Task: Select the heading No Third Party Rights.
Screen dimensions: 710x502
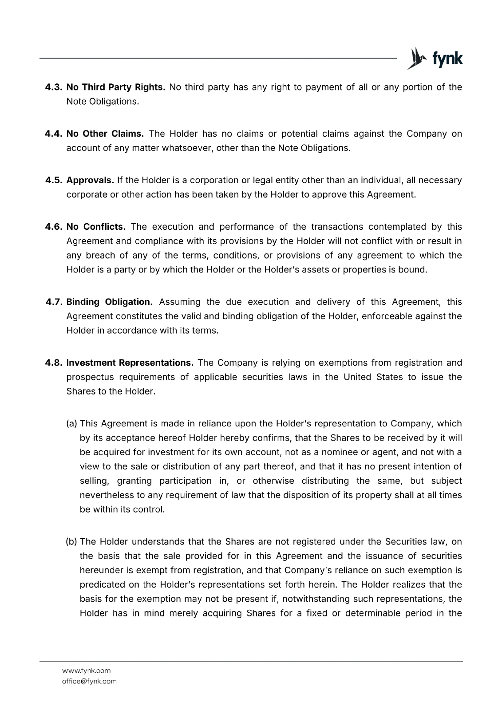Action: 115,87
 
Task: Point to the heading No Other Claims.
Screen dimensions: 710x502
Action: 105,134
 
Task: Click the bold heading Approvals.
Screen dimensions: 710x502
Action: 90,180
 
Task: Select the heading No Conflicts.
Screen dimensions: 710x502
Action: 96,227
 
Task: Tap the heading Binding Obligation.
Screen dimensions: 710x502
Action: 109,302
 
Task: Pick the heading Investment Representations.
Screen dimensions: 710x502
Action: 130,363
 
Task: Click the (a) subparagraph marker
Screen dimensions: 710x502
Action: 72,423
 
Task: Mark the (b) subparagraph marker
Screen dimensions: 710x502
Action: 71,541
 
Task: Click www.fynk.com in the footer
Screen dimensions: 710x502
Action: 86,671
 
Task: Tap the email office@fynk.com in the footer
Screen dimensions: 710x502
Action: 89,681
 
